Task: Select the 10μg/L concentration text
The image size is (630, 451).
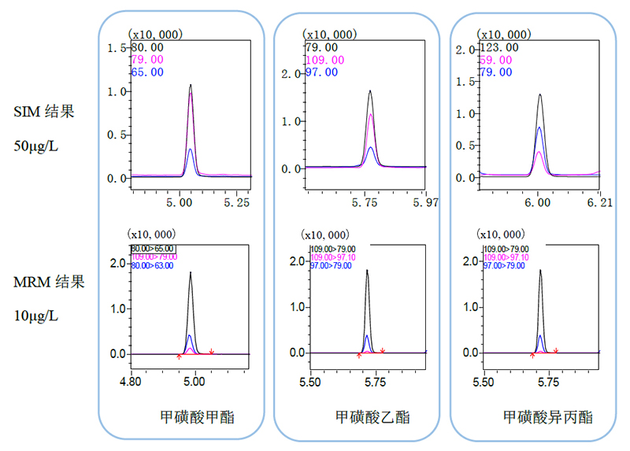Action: tap(39, 316)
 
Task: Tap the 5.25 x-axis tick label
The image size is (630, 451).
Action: tap(237, 203)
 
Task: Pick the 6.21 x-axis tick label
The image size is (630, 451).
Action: tap(599, 203)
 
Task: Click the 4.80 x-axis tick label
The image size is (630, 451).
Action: tap(131, 383)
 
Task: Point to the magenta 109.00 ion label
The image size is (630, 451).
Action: tap(324, 60)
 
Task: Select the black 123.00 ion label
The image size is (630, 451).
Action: tap(498, 47)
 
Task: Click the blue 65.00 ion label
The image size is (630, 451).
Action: tap(147, 72)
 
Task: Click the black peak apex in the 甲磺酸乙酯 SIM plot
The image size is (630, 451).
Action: tap(370, 91)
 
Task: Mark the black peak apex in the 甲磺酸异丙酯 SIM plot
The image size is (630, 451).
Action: tap(539, 94)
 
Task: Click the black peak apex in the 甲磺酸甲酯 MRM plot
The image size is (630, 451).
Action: tap(190, 273)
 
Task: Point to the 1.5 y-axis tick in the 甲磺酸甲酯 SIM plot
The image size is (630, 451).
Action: tap(121, 49)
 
